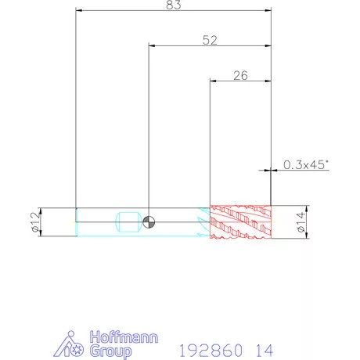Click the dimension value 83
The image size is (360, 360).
click(x=174, y=5)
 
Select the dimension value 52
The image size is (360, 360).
click(x=210, y=40)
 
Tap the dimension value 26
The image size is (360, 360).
click(x=240, y=75)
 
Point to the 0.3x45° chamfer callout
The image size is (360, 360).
click(x=306, y=164)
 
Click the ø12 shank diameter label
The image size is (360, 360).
click(x=36, y=222)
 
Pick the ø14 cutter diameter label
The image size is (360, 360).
click(x=301, y=222)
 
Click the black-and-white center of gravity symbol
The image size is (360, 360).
click(x=149, y=222)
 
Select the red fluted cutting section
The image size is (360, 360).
click(x=240, y=222)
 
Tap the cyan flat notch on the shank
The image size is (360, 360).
click(x=128, y=222)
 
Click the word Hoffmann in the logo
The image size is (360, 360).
click(x=124, y=337)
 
